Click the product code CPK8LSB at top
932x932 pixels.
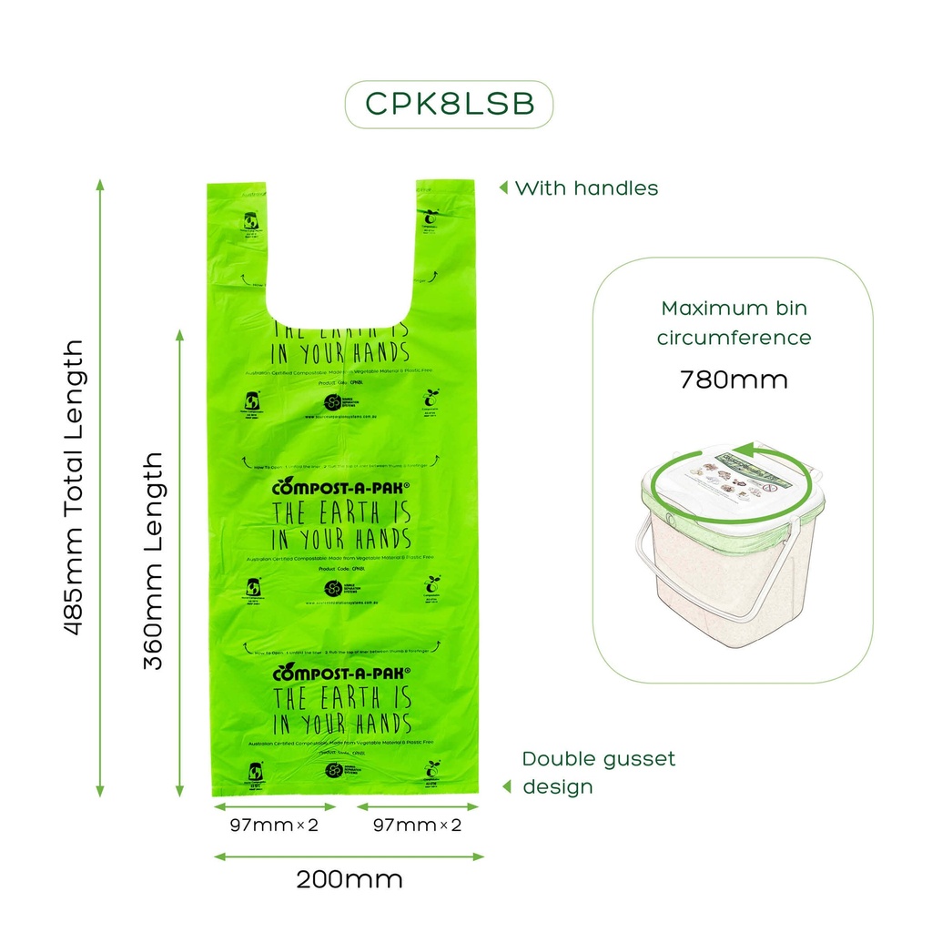449,105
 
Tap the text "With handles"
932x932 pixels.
586,188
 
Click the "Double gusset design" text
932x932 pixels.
598,772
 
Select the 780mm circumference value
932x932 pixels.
734,379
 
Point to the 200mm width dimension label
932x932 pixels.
349,880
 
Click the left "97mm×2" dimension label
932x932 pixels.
273,826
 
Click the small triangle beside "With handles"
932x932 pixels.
502,188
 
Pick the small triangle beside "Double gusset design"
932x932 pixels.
506,785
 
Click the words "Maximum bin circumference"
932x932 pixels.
734,322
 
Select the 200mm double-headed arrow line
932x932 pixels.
349,856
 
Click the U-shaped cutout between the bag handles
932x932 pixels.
341,246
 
